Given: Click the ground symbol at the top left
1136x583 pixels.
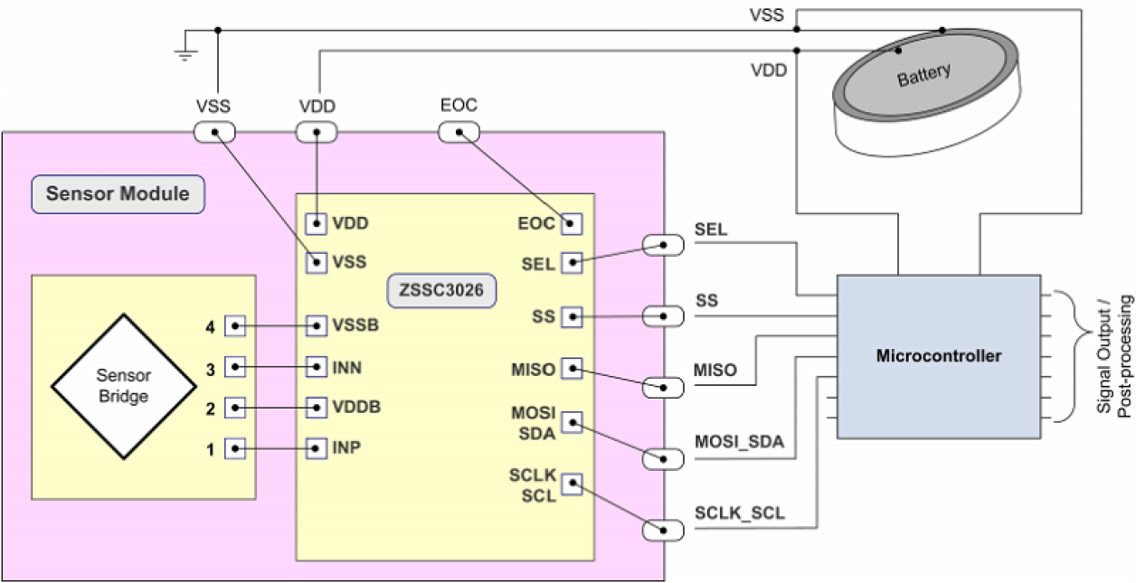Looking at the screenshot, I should (186, 51).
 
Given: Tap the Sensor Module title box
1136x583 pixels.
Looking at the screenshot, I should (118, 193).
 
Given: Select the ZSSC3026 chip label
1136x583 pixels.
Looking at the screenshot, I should (443, 291).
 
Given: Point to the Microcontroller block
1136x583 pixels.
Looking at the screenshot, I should (939, 356).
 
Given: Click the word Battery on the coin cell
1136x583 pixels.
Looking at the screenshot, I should (923, 76).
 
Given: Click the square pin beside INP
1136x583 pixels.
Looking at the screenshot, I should (316, 447).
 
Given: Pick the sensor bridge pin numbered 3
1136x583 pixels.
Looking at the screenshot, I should (235, 367).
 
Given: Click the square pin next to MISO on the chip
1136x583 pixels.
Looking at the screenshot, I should (572, 368).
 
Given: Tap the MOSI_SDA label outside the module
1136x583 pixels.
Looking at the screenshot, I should (739, 442).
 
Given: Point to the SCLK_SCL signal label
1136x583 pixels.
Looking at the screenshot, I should (740, 514).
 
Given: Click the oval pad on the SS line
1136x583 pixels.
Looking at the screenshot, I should (663, 316).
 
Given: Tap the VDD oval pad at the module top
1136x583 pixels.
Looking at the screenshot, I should (317, 133).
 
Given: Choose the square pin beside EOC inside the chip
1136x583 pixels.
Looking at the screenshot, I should (572, 222).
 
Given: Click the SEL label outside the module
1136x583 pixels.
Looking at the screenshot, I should (711, 230).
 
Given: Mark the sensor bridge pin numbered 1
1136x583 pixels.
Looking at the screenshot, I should (235, 447).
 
